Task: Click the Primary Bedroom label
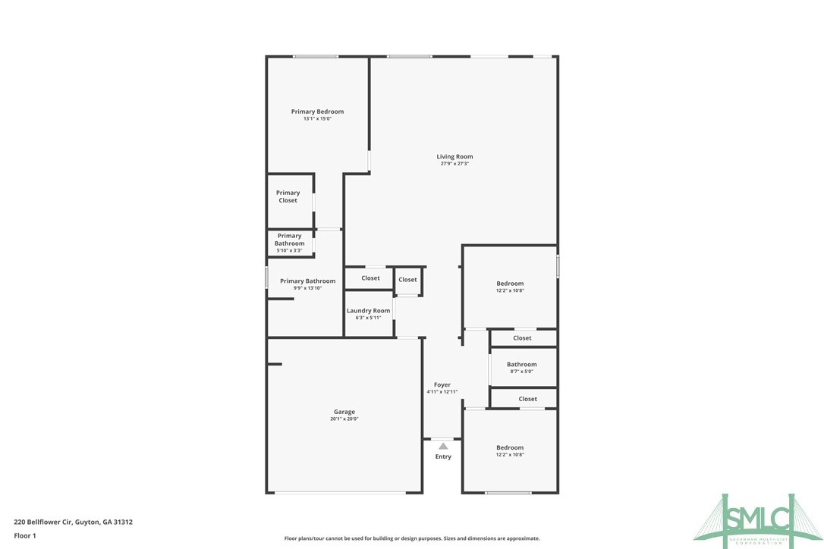pyautogui.click(x=317, y=111)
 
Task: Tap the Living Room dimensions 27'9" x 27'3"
pyautogui.click(x=454, y=164)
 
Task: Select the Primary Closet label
pyautogui.click(x=288, y=196)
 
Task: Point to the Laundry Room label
pyautogui.click(x=368, y=311)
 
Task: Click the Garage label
pyautogui.click(x=344, y=412)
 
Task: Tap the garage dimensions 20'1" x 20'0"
pyautogui.click(x=344, y=419)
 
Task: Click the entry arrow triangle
pyautogui.click(x=443, y=446)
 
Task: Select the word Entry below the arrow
pyautogui.click(x=443, y=456)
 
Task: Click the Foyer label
pyautogui.click(x=442, y=385)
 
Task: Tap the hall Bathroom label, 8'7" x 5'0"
pyautogui.click(x=521, y=365)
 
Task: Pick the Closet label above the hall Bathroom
pyautogui.click(x=522, y=338)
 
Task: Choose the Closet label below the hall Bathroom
pyautogui.click(x=527, y=399)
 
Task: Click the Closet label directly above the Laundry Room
pyautogui.click(x=370, y=278)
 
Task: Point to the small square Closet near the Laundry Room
pyautogui.click(x=407, y=280)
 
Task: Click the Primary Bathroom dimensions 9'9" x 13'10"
pyautogui.click(x=307, y=288)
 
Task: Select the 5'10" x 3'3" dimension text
pyautogui.click(x=289, y=250)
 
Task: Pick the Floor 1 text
pyautogui.click(x=25, y=535)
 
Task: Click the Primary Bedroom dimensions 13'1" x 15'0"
pyautogui.click(x=317, y=118)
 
